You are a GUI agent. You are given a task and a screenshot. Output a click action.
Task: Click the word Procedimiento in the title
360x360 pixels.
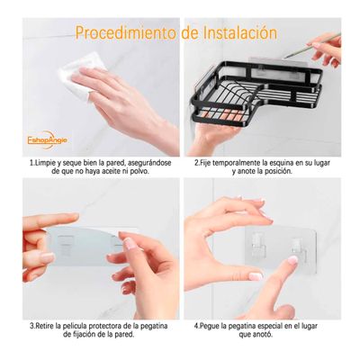coord(126,33)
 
